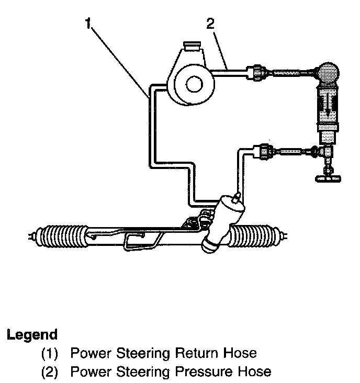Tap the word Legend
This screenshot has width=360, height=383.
pyautogui.click(x=32, y=334)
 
